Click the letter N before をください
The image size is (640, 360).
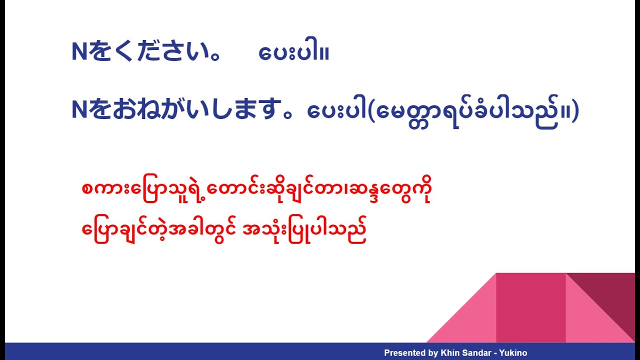(x=80, y=52)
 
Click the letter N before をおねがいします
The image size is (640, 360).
(x=80, y=110)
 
